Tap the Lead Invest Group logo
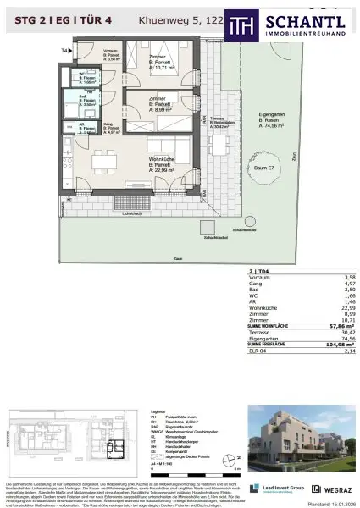[x=269, y=488]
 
